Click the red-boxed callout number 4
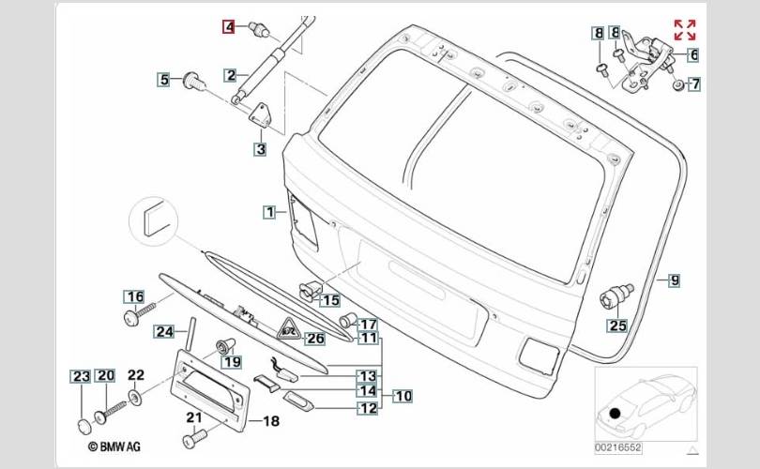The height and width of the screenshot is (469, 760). tap(228, 26)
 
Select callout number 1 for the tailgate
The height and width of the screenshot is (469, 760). tap(269, 212)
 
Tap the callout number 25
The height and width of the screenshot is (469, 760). tap(617, 325)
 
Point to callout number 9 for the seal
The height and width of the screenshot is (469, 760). tap(675, 280)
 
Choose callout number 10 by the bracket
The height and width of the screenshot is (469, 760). tap(403, 396)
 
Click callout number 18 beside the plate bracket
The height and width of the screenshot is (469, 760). tap(271, 421)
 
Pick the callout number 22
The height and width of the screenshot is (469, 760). tap(136, 374)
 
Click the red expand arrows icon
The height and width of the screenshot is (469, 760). tap(685, 30)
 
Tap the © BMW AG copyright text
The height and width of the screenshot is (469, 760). tap(114, 446)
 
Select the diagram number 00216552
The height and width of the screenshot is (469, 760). tap(618, 447)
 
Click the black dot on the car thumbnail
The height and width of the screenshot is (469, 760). tap(616, 414)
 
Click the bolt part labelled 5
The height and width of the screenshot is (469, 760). tap(194, 83)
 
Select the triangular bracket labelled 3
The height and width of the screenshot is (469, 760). tap(260, 115)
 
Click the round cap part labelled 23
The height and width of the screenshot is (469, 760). tap(84, 428)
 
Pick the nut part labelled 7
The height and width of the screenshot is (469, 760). tap(677, 85)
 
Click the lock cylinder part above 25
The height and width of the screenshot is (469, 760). tap(616, 296)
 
